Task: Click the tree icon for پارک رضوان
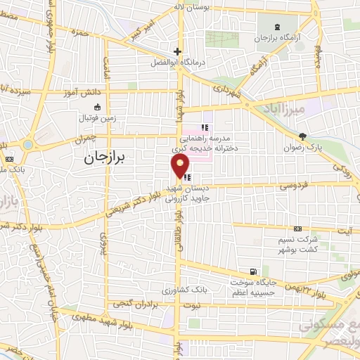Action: point(302,136)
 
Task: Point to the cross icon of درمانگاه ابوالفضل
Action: point(178,51)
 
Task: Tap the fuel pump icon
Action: point(252,271)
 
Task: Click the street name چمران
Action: point(81,139)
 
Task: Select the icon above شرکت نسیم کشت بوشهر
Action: point(297,230)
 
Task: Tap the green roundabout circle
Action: point(28,144)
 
